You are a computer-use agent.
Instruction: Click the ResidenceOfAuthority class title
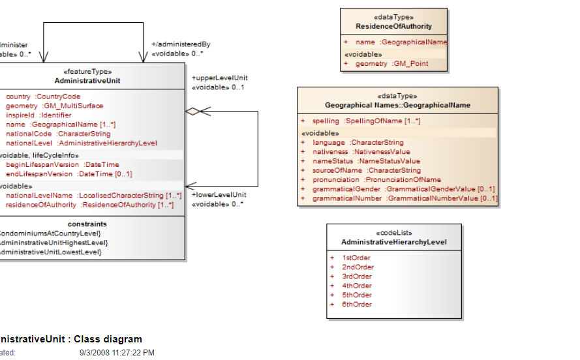(x=393, y=26)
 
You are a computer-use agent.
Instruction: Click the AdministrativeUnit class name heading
(x=87, y=81)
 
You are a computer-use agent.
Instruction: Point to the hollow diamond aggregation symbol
(x=192, y=112)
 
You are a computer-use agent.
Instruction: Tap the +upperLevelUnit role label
(x=219, y=78)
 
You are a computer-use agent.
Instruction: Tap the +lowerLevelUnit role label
(x=219, y=194)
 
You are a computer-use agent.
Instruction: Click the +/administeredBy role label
(x=181, y=44)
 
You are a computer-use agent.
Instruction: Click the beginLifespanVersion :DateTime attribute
(x=63, y=165)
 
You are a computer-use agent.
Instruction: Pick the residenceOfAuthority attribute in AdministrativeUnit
(x=89, y=205)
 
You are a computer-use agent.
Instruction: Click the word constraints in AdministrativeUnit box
(x=87, y=224)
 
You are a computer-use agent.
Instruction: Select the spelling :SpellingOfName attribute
(x=366, y=121)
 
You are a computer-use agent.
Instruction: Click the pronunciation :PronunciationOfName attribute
(x=376, y=179)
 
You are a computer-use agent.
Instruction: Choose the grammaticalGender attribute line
(x=403, y=189)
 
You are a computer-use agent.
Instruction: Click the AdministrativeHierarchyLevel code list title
(x=393, y=242)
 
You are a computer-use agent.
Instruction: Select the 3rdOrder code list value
(x=357, y=277)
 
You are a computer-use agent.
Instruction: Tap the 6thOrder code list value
(x=357, y=305)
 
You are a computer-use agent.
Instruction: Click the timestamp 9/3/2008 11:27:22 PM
(x=117, y=353)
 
